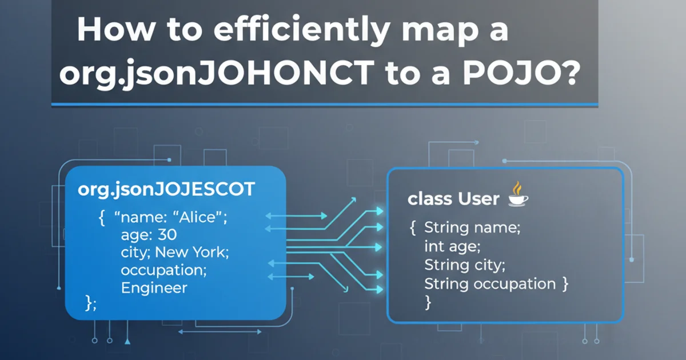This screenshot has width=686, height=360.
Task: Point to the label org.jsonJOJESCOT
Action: [166, 190]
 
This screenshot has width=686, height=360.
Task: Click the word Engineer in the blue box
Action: [154, 287]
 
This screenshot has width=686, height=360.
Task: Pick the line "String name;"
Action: [472, 227]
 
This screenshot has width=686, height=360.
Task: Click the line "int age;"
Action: [452, 246]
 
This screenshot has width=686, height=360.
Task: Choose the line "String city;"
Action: [465, 265]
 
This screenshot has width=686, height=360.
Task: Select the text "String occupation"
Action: [490, 283]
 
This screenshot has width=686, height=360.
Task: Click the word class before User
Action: [428, 199]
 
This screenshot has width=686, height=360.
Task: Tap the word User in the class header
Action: [479, 199]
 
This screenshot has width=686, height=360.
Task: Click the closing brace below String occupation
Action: [428, 302]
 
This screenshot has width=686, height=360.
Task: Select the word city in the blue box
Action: [134, 252]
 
